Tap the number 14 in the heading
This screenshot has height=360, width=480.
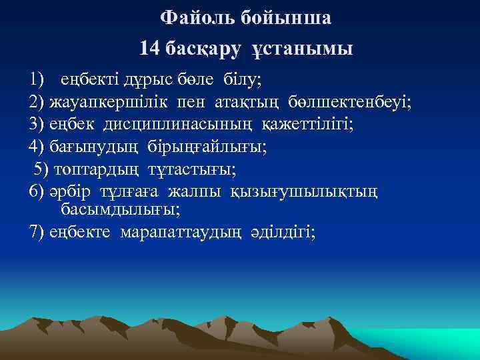tap(150, 49)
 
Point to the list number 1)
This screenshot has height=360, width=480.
tap(37, 80)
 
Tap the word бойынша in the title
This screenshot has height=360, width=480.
tap(290, 19)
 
